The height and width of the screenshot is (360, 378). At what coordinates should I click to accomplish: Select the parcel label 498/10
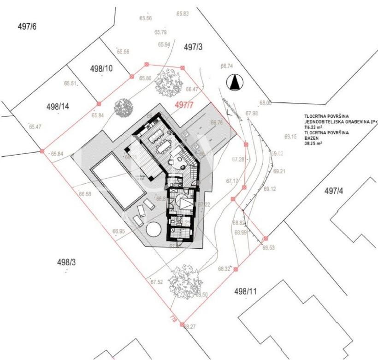(x=102, y=69)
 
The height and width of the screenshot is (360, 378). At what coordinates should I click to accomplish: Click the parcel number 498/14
(x=58, y=107)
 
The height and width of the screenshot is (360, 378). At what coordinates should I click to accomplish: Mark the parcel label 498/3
(x=66, y=262)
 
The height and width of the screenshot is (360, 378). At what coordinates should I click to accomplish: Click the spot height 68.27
(x=189, y=327)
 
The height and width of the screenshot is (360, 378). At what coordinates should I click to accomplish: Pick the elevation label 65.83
(x=183, y=14)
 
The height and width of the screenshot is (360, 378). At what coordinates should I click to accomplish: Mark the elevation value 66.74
(x=227, y=66)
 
